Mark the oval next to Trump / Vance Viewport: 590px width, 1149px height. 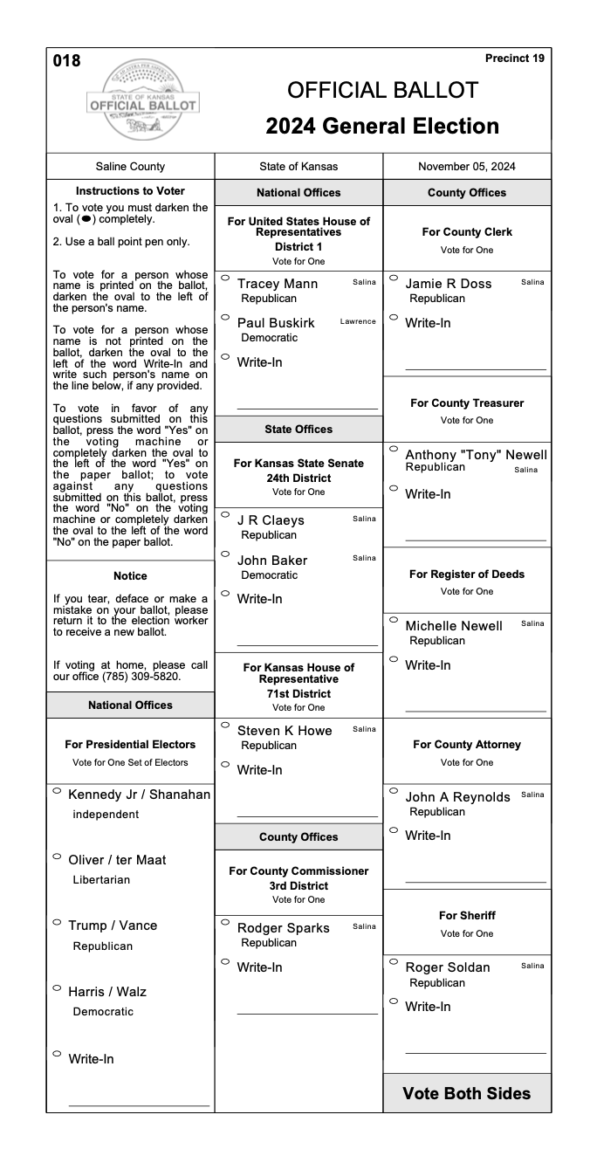click(x=57, y=922)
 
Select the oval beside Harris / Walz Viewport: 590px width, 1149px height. click(x=57, y=988)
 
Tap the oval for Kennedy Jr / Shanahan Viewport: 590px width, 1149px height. click(x=57, y=791)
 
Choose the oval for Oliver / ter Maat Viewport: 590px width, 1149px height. click(x=57, y=857)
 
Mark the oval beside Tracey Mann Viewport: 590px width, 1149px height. click(x=225, y=279)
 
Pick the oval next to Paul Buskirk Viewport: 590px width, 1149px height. click(x=225, y=318)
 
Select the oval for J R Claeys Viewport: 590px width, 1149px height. click(x=225, y=515)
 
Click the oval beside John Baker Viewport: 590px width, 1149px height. click(x=225, y=555)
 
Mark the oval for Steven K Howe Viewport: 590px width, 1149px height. click(x=225, y=726)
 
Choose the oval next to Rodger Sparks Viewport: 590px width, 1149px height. click(x=225, y=923)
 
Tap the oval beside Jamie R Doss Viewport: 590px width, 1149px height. click(x=394, y=279)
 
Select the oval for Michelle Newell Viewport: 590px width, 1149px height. click(x=394, y=621)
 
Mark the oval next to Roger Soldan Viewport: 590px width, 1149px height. click(x=394, y=963)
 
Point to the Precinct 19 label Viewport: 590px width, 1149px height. click(x=514, y=58)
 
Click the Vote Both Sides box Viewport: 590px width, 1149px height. click(x=466, y=1093)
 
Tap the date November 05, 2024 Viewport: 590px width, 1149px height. click(x=466, y=167)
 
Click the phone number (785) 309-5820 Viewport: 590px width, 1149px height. click(x=172, y=676)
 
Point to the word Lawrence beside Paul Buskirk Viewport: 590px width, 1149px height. click(x=358, y=321)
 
